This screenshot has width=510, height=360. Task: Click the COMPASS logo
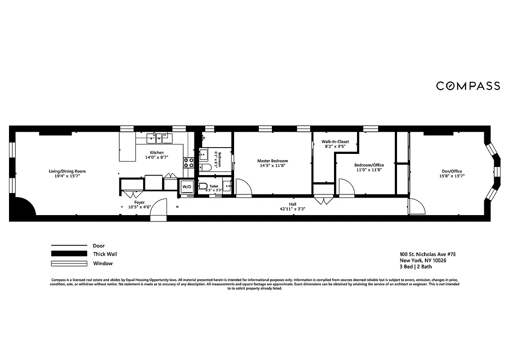point(468,85)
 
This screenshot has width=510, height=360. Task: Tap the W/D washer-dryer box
point(186,187)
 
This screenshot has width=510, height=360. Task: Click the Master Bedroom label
point(272,161)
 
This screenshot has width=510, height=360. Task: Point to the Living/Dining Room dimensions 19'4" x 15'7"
point(67,176)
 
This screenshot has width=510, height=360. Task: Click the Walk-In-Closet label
point(335,141)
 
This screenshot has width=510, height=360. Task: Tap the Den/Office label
point(451,171)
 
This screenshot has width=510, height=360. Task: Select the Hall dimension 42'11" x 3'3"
point(293,209)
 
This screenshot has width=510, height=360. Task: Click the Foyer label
point(140,202)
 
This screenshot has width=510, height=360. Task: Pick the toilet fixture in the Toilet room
point(203,186)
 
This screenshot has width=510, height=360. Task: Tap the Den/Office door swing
point(417,207)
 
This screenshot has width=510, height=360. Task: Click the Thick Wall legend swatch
point(68,254)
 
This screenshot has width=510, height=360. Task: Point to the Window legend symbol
point(68,263)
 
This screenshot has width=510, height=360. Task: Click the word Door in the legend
point(99,246)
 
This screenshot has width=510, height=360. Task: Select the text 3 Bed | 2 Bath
point(415,266)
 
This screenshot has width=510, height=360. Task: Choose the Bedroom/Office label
point(369,165)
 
